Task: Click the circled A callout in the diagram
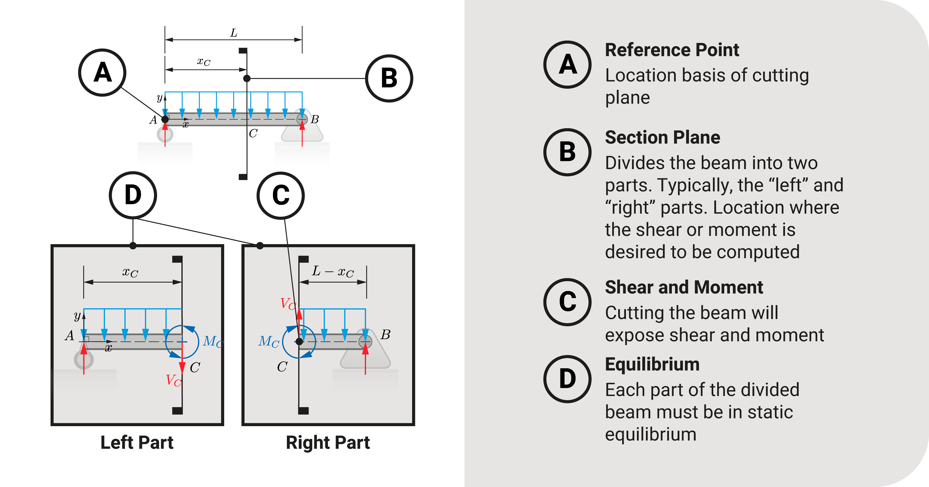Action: [102, 73]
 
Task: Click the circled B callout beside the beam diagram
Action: [389, 78]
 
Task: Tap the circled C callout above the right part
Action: [281, 196]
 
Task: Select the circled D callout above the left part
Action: [133, 195]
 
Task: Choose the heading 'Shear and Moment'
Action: [684, 287]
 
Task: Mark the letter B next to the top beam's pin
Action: [315, 119]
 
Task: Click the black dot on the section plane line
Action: [247, 78]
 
